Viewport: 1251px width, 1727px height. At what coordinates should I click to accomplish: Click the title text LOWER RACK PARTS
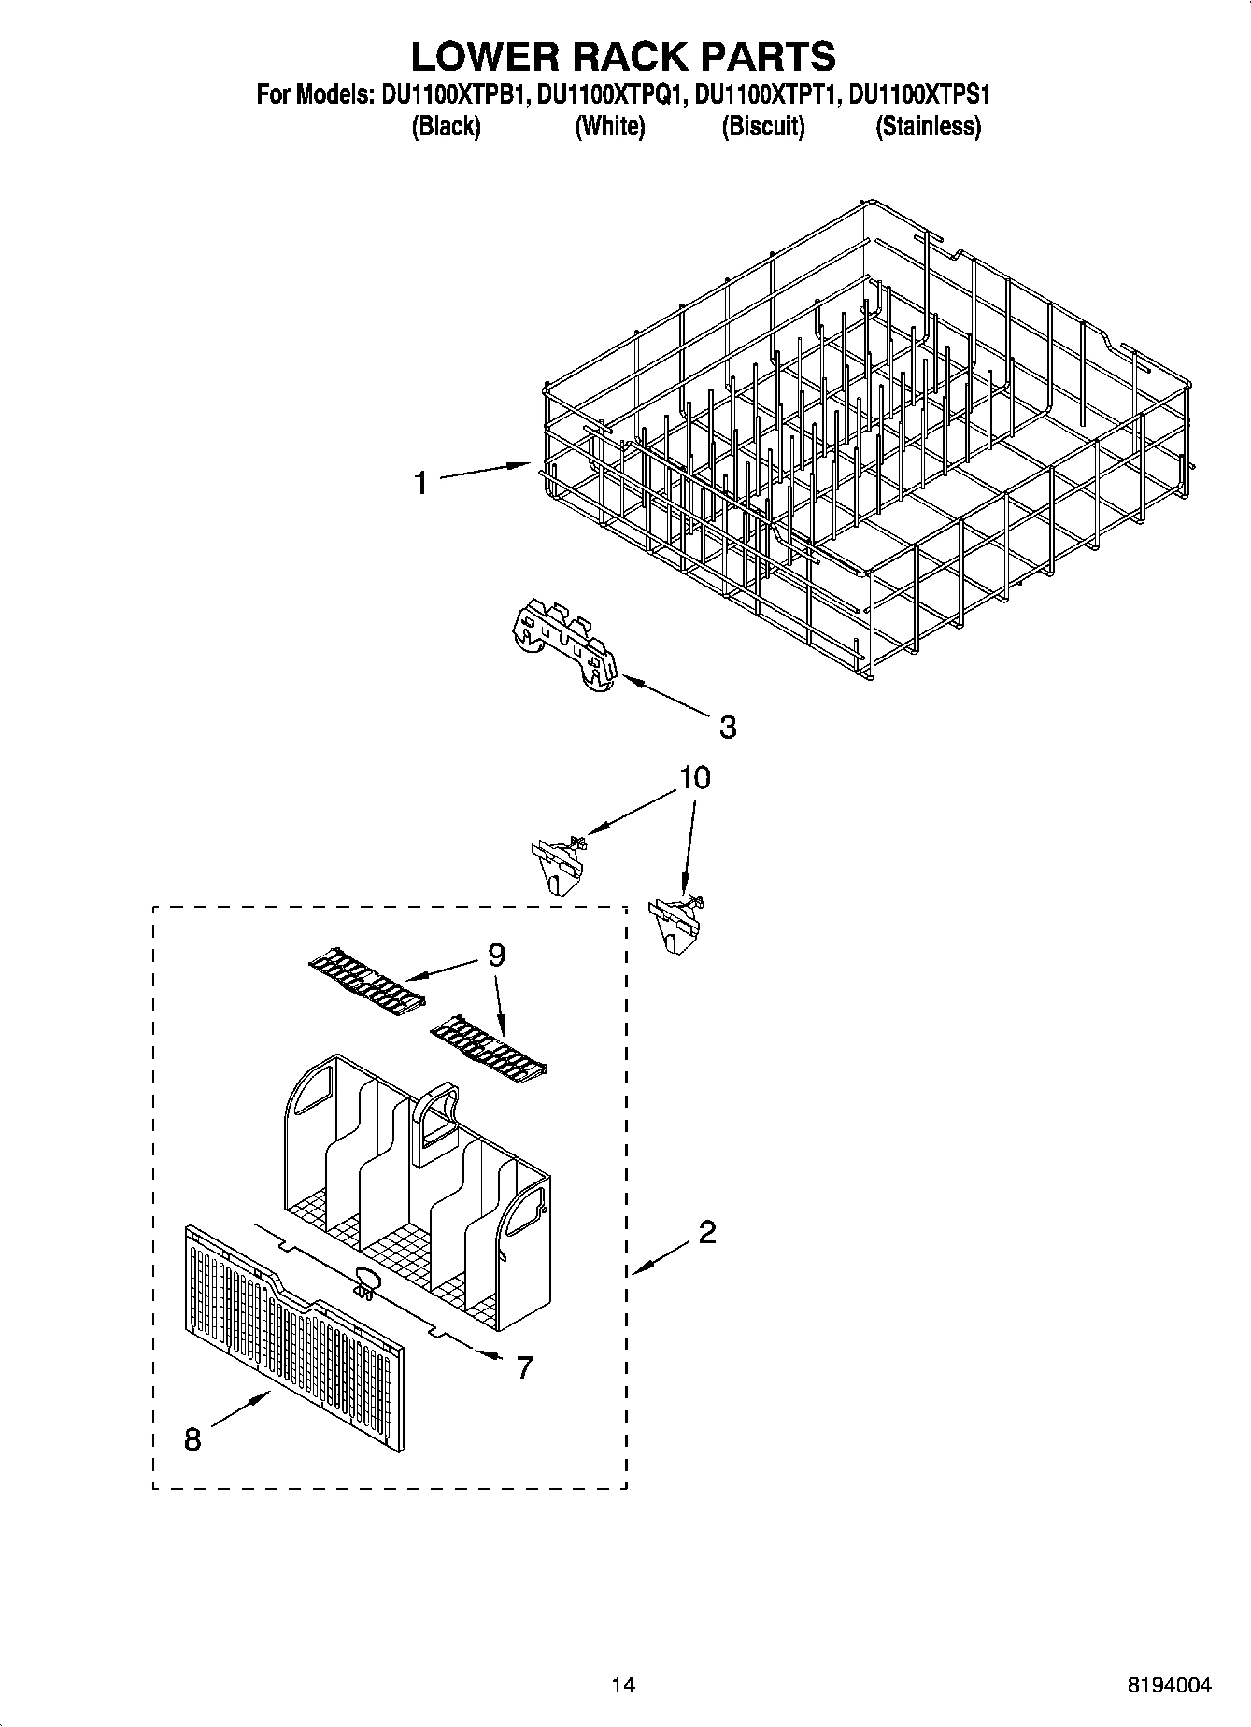click(x=623, y=56)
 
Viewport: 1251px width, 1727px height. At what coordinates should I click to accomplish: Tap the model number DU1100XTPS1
click(x=920, y=94)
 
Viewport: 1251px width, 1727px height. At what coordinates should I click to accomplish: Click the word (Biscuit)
click(x=762, y=127)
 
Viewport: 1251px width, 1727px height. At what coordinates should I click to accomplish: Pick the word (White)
click(x=609, y=127)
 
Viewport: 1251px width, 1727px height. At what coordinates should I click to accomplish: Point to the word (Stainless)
click(x=928, y=127)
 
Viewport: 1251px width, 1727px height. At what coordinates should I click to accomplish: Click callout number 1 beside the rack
click(x=421, y=483)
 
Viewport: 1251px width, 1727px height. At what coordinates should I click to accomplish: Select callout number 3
click(x=728, y=727)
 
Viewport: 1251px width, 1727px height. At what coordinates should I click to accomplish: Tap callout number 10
click(x=695, y=777)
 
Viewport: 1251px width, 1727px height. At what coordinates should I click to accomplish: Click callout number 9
click(x=496, y=955)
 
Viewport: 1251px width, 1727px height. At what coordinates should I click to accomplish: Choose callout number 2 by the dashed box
click(x=707, y=1232)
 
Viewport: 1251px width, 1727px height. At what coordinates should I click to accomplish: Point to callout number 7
click(x=525, y=1367)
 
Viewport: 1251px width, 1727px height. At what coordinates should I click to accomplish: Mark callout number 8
click(x=192, y=1439)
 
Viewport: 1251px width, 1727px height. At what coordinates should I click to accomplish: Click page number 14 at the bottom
click(x=623, y=1685)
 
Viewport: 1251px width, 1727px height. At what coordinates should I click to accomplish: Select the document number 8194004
click(x=1168, y=1685)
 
